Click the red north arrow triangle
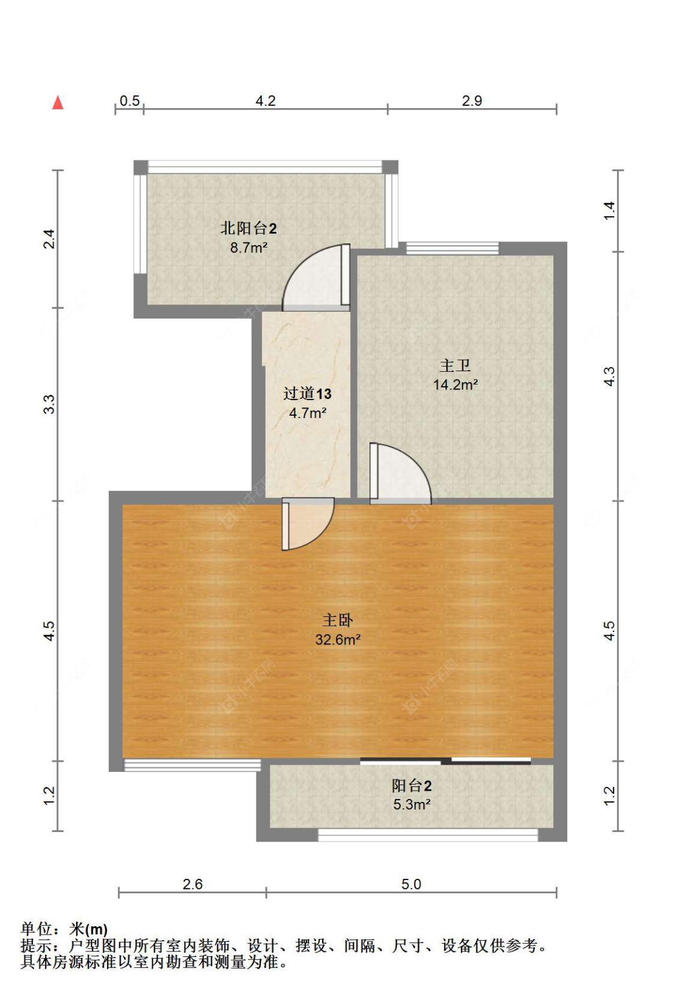tap(58, 103)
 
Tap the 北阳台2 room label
tap(248, 228)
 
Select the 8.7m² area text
tap(248, 247)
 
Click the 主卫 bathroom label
tap(455, 365)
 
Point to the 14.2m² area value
tap(455, 385)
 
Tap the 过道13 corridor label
tap(307, 394)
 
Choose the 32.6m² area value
tap(338, 640)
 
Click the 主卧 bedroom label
tap(338, 620)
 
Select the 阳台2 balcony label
tap(412, 786)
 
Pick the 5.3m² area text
tap(412, 805)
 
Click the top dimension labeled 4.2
tap(265, 101)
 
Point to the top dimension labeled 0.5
tap(129, 101)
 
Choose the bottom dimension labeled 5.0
tap(411, 884)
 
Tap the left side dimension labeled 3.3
tap(49, 404)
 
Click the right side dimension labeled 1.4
tap(609, 210)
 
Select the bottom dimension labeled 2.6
tap(192, 884)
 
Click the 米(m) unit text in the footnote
tap(89, 929)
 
